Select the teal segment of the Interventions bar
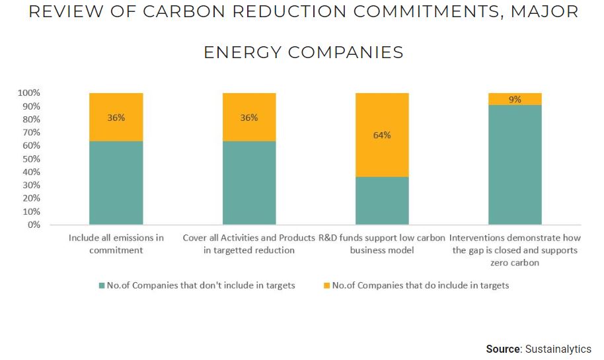point(515,165)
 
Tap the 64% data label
point(382,135)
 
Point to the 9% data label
point(515,100)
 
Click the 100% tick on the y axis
point(30,93)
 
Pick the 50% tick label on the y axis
point(32,159)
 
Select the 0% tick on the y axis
point(34,225)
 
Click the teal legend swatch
point(102,286)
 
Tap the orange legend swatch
point(326,286)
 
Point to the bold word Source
point(504,349)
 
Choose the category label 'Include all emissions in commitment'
point(116,244)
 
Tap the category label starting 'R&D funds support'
point(382,244)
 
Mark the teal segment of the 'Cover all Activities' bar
point(249,183)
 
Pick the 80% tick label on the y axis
point(32,120)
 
